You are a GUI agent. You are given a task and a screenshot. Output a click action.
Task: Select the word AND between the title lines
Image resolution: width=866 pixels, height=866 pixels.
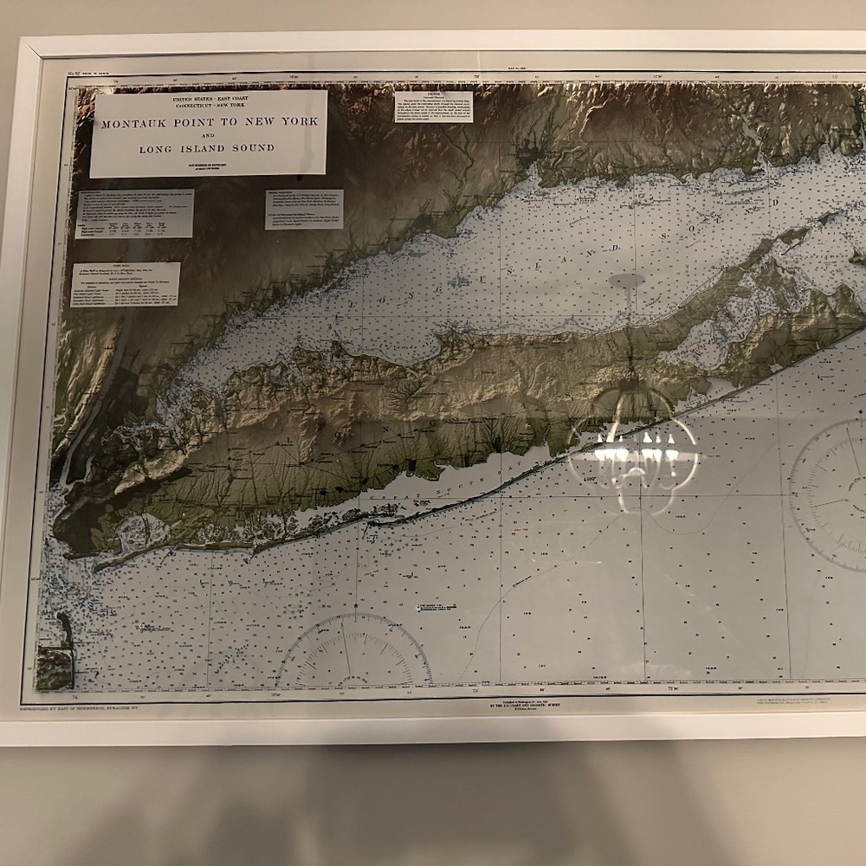(208, 136)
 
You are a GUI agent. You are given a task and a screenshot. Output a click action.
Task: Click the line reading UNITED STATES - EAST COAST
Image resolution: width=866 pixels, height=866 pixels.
(208, 101)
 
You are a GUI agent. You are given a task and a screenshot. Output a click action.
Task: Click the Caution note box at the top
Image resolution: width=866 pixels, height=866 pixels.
(433, 107)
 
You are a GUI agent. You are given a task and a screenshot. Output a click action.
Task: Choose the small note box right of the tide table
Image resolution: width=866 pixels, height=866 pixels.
(303, 210)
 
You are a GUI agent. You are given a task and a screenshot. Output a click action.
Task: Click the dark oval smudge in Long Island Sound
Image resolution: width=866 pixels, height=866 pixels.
(627, 280)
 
